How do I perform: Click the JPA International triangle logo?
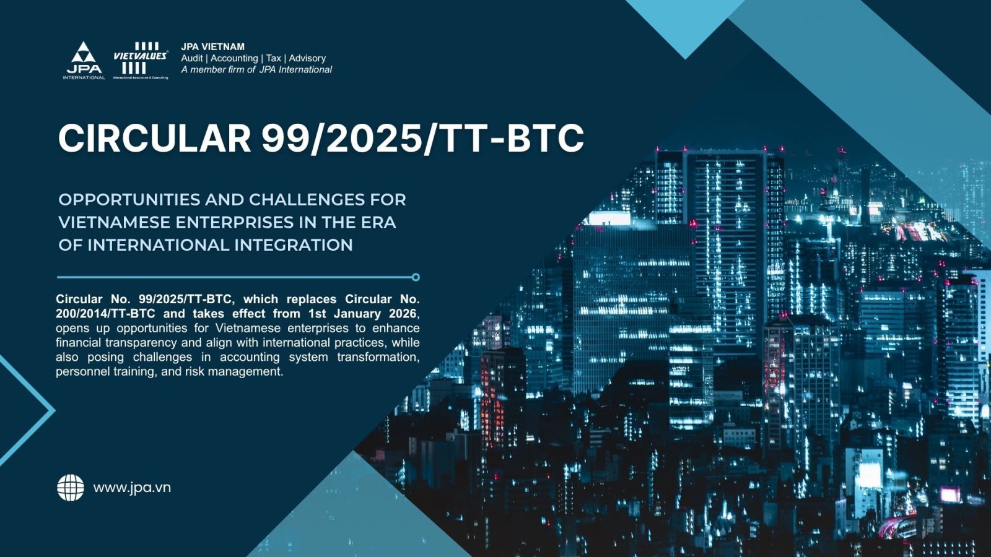tap(84, 61)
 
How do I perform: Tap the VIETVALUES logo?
tap(140, 61)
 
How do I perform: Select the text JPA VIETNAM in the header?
tap(213, 46)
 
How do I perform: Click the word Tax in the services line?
tap(273, 58)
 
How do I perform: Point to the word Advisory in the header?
tap(307, 58)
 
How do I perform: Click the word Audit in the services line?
tap(192, 58)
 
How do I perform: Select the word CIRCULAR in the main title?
tap(154, 138)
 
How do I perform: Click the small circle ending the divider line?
tap(416, 277)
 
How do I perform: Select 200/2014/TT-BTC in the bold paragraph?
tap(105, 314)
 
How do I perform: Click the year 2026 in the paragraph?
tap(403, 314)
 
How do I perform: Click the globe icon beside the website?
tap(71, 488)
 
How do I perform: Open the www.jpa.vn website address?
tap(132, 488)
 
